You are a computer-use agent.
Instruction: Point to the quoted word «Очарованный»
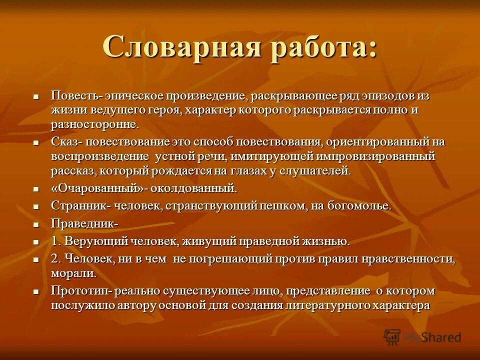94,188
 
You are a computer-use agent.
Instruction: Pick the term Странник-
79,206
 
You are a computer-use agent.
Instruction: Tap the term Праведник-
84,224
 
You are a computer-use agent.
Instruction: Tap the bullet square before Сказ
36,142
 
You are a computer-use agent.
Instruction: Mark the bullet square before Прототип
36,291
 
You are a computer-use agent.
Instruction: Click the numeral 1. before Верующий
56,241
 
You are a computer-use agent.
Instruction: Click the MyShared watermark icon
392,337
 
